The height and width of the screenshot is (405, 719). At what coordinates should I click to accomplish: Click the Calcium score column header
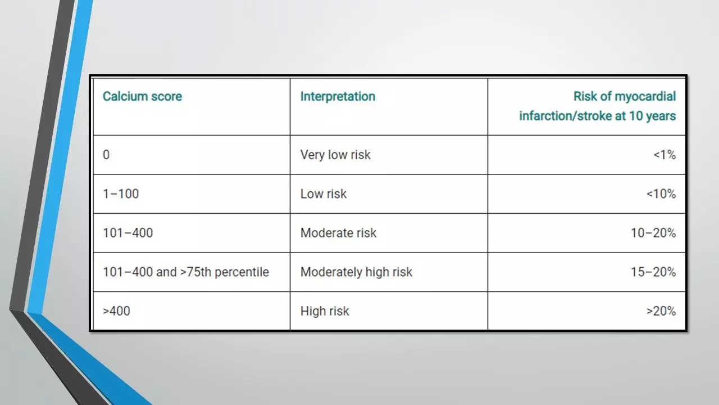[142, 96]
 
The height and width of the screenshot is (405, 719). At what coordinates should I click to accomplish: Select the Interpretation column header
[338, 97]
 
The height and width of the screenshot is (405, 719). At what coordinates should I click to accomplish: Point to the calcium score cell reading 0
[106, 155]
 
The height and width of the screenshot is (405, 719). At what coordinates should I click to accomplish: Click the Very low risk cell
[335, 155]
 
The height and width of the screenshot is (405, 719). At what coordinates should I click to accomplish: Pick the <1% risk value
[665, 155]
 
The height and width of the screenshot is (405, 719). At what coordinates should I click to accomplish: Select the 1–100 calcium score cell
[121, 194]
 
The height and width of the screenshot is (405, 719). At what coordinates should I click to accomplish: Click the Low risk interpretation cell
[323, 194]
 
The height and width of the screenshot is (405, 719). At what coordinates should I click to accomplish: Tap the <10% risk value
[661, 194]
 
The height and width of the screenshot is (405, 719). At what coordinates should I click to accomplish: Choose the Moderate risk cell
[338, 233]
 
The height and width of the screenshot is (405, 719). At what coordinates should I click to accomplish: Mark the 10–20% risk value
[653, 233]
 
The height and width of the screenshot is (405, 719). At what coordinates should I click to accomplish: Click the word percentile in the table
[242, 272]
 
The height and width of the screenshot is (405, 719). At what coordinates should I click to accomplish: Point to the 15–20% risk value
[653, 272]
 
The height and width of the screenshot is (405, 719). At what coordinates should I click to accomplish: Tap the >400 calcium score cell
[116, 311]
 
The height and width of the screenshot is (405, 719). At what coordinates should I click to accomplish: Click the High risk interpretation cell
[325, 312]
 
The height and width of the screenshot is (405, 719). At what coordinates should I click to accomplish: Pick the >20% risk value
[661, 311]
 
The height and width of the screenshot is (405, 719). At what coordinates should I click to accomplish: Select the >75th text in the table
[195, 272]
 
